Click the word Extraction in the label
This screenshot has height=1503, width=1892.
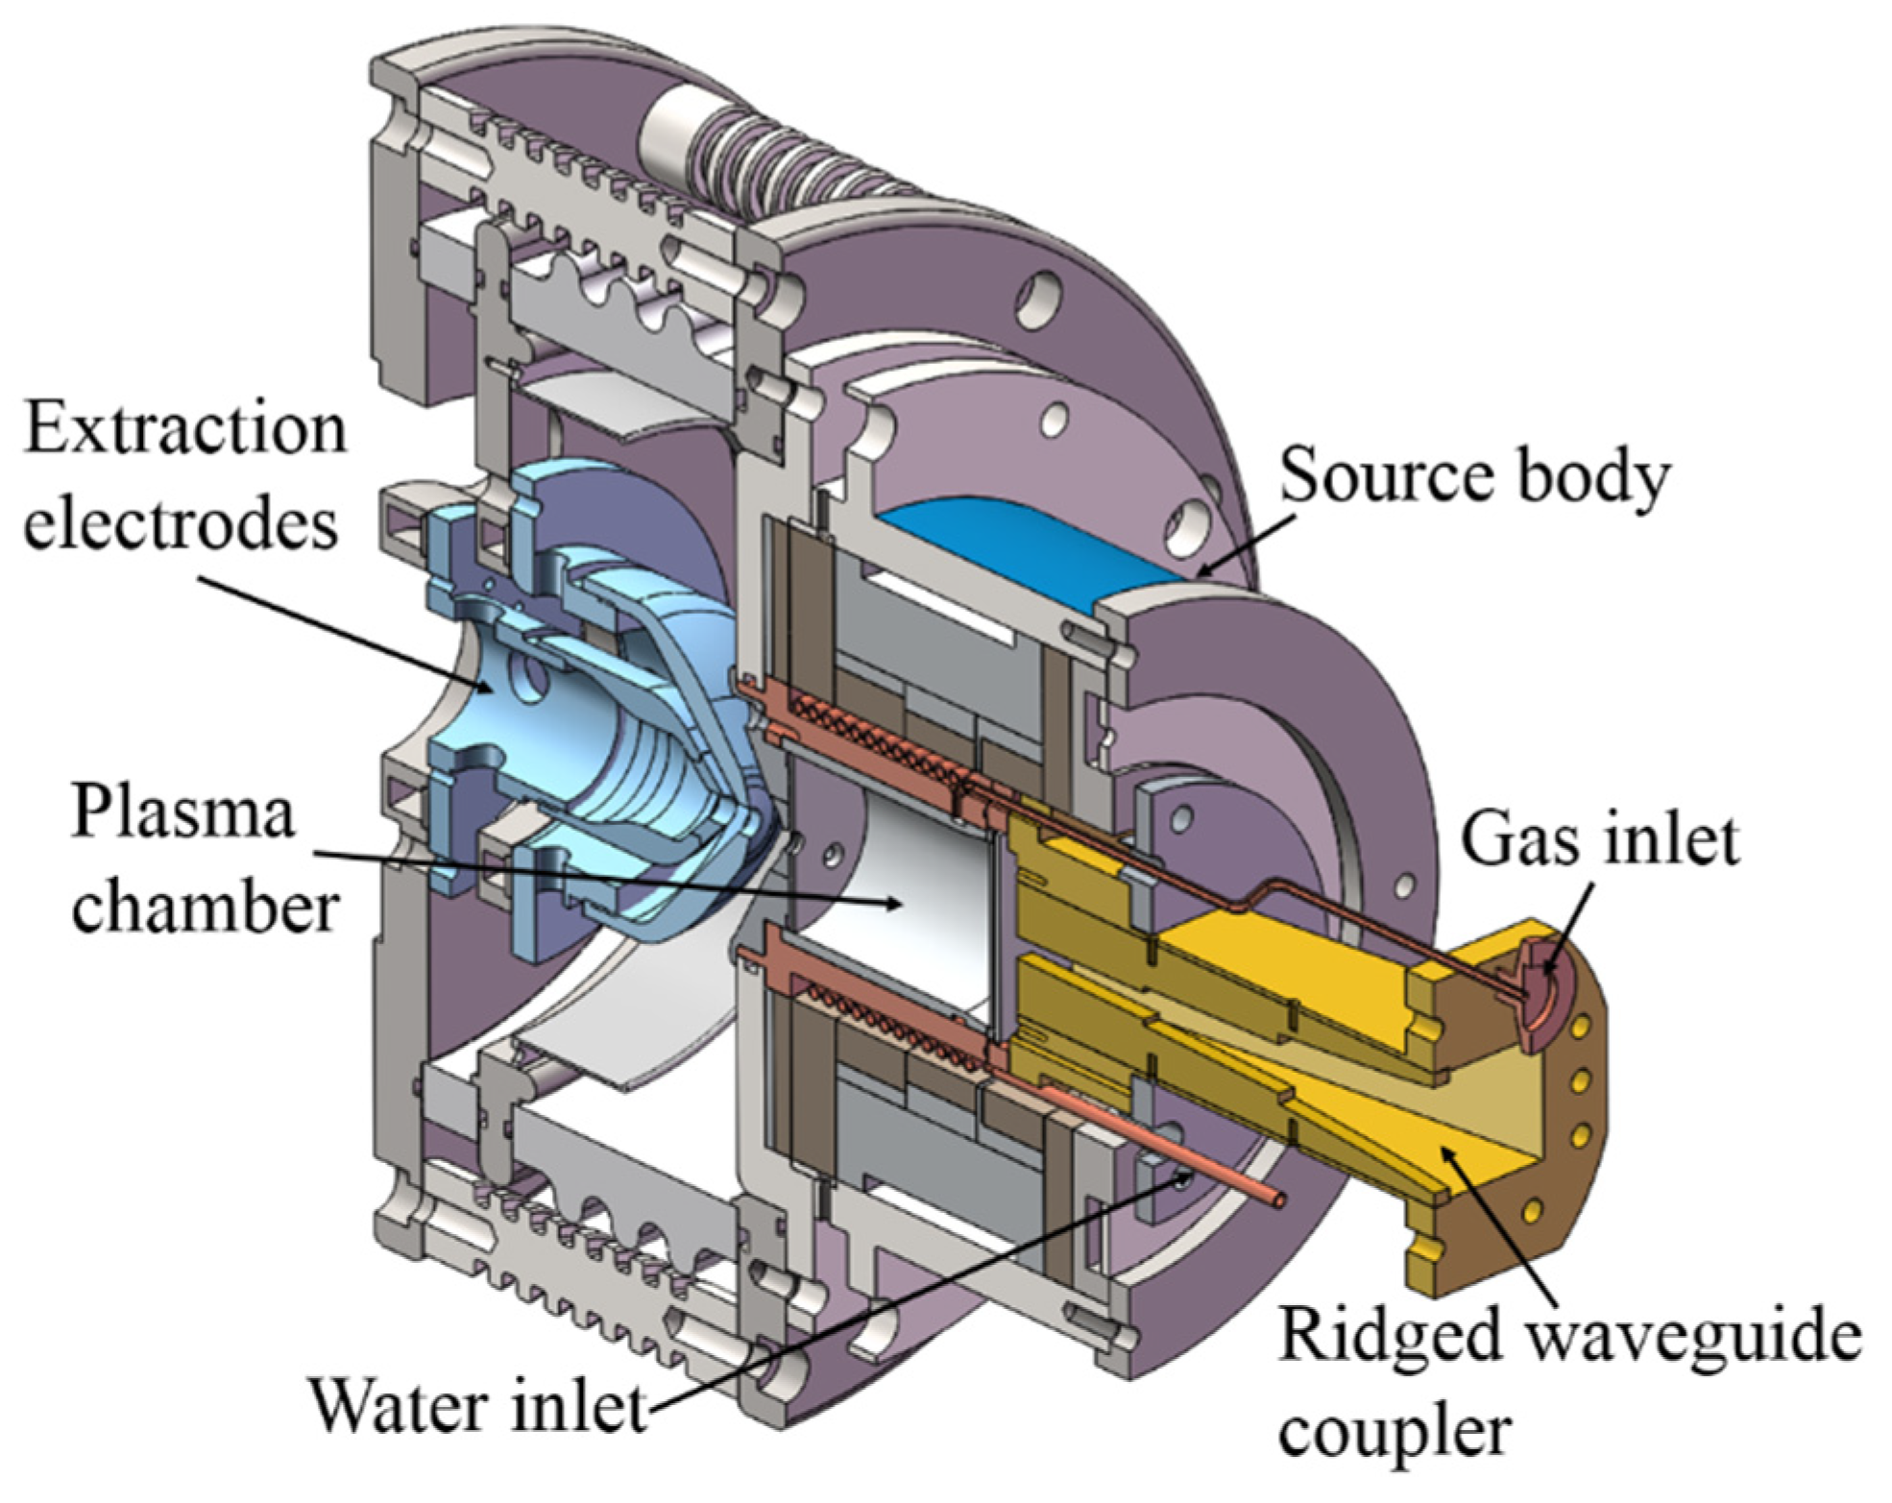(184, 429)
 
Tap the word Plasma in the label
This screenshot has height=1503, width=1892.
(182, 812)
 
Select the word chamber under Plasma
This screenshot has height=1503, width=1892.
(205, 907)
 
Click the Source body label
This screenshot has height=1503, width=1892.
(1474, 477)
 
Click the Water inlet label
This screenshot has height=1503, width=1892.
(477, 1408)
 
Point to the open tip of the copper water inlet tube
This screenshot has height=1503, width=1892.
(1276, 1200)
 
